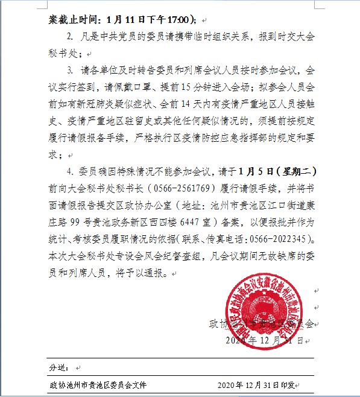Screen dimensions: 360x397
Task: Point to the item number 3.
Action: click(x=71, y=70)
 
